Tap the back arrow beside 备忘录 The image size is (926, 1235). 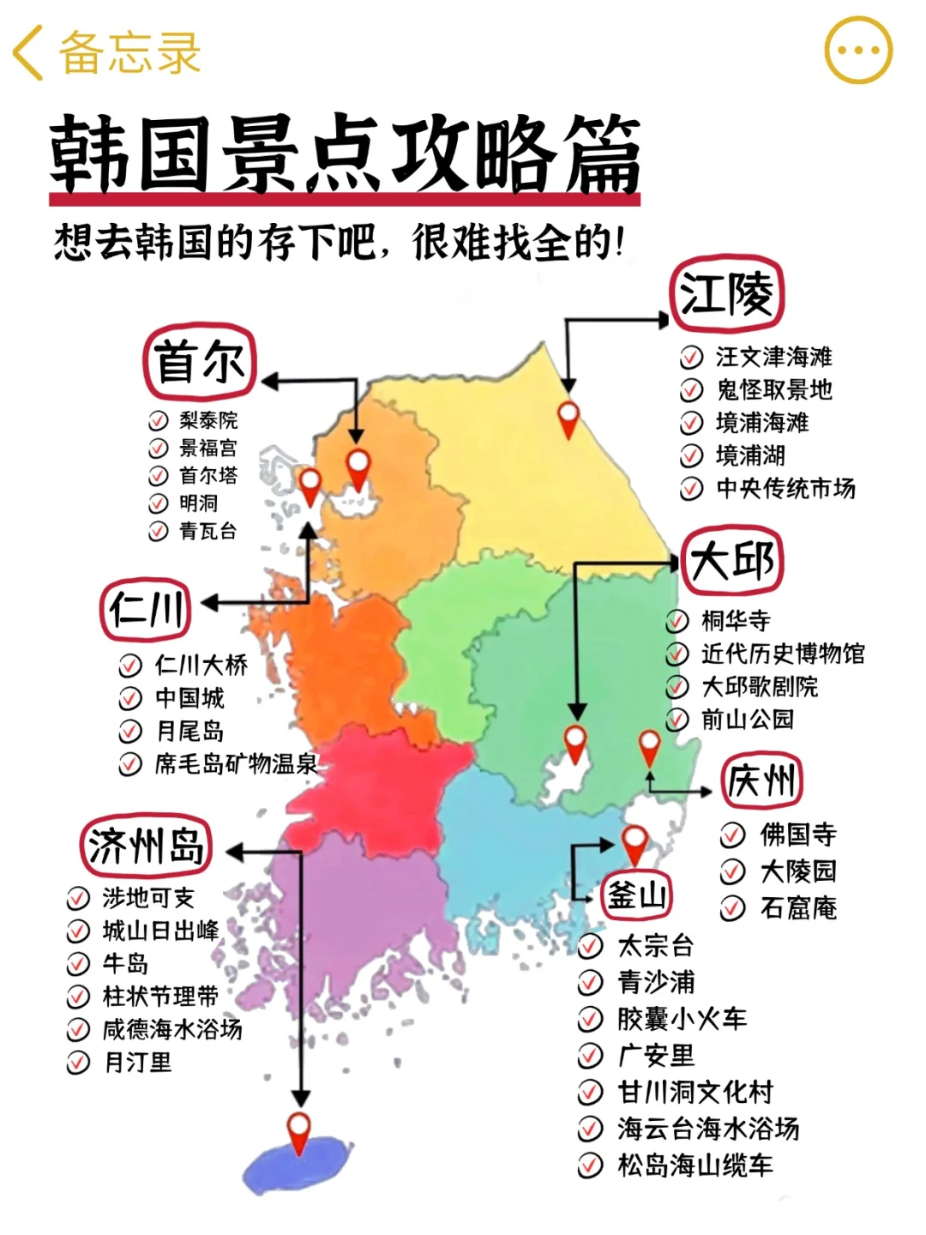(x=28, y=52)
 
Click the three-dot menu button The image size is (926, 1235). (x=857, y=51)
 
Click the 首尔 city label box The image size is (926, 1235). (x=200, y=361)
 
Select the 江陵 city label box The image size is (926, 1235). (x=725, y=294)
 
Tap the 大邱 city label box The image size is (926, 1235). (x=732, y=561)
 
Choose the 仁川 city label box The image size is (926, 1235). (x=146, y=610)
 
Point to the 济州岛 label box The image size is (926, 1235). (x=146, y=846)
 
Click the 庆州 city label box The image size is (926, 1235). (x=761, y=780)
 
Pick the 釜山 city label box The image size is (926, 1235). (x=635, y=895)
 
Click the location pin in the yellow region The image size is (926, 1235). (x=568, y=417)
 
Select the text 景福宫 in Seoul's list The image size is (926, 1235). (x=207, y=448)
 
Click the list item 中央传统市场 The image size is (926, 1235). (x=785, y=489)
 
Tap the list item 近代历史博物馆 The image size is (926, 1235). (x=782, y=654)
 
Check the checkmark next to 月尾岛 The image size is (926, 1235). (x=130, y=732)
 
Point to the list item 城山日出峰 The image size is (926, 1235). (x=160, y=931)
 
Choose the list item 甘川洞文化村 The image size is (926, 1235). (x=694, y=1092)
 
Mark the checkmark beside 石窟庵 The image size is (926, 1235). (x=732, y=908)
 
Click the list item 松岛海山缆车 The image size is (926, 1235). (x=694, y=1166)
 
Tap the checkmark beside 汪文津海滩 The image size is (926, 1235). (x=692, y=357)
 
